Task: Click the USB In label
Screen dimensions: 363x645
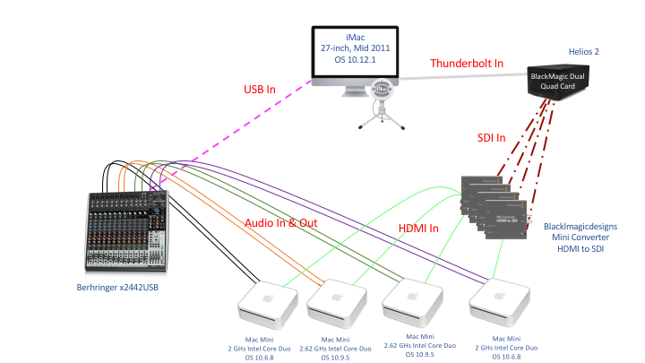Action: click(x=266, y=90)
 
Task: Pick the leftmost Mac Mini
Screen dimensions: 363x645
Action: click(x=265, y=303)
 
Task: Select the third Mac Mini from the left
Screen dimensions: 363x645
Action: click(x=414, y=303)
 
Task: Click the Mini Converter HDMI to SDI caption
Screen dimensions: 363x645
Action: click(x=583, y=240)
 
